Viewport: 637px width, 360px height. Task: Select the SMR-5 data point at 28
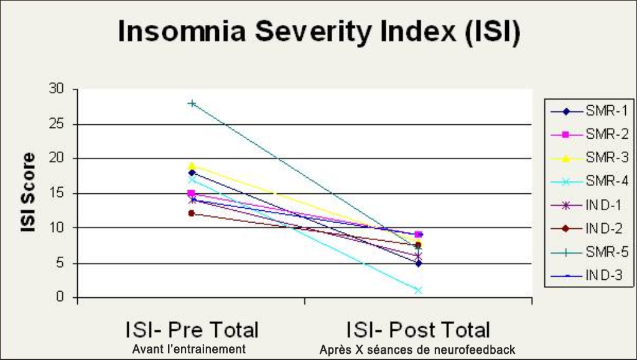coord(192,103)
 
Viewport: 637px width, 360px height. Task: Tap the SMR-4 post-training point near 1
coord(418,290)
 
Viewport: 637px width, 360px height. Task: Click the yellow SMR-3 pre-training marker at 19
coord(192,166)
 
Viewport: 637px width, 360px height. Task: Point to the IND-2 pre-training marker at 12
coord(192,213)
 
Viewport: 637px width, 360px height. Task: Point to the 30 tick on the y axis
coord(57,90)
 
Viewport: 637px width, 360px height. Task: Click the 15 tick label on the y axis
coord(57,193)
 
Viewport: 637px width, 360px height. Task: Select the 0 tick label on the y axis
coord(60,297)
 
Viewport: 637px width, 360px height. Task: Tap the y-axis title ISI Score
coord(27,193)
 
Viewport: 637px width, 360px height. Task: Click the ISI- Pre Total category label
coord(192,330)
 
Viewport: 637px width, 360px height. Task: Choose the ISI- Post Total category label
coord(418,330)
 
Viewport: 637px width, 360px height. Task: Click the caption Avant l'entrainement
coord(189,349)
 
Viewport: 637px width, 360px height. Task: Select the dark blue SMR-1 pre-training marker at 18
coord(192,173)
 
